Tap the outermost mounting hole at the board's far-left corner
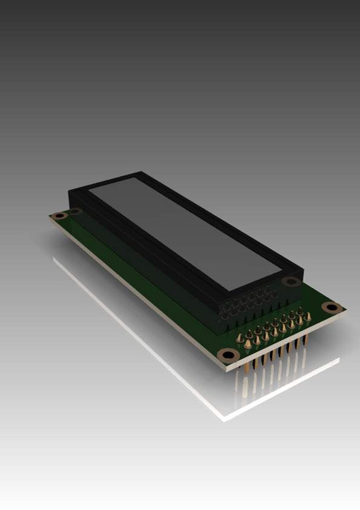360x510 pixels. [57, 215]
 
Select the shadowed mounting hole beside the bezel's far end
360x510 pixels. [75, 211]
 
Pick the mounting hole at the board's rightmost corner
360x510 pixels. [333, 308]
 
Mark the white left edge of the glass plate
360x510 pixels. [119, 319]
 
